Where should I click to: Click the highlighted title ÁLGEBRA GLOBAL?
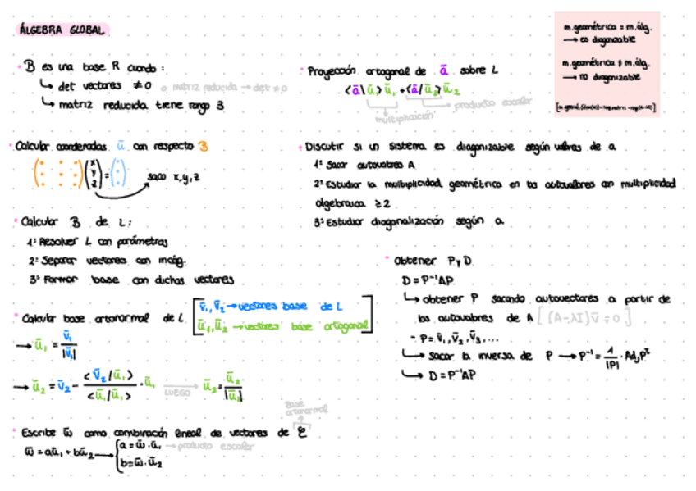click(62, 30)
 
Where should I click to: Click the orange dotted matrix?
click(57, 175)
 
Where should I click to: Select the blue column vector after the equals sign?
click(119, 175)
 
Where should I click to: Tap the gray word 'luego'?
click(177, 392)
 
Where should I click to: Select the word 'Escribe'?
click(38, 433)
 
